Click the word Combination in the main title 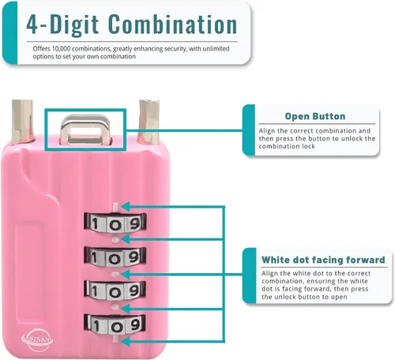(172, 24)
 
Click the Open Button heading (315, 116)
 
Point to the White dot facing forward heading (323, 260)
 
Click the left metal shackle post (22, 122)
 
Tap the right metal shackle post (149, 122)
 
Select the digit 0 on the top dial (115, 225)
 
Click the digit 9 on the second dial (134, 257)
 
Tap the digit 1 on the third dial (95, 291)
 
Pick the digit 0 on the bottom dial (115, 327)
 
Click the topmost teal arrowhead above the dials (125, 207)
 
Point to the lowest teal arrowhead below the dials (126, 342)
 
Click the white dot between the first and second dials (115, 239)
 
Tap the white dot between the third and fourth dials (115, 307)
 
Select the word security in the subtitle (175, 49)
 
